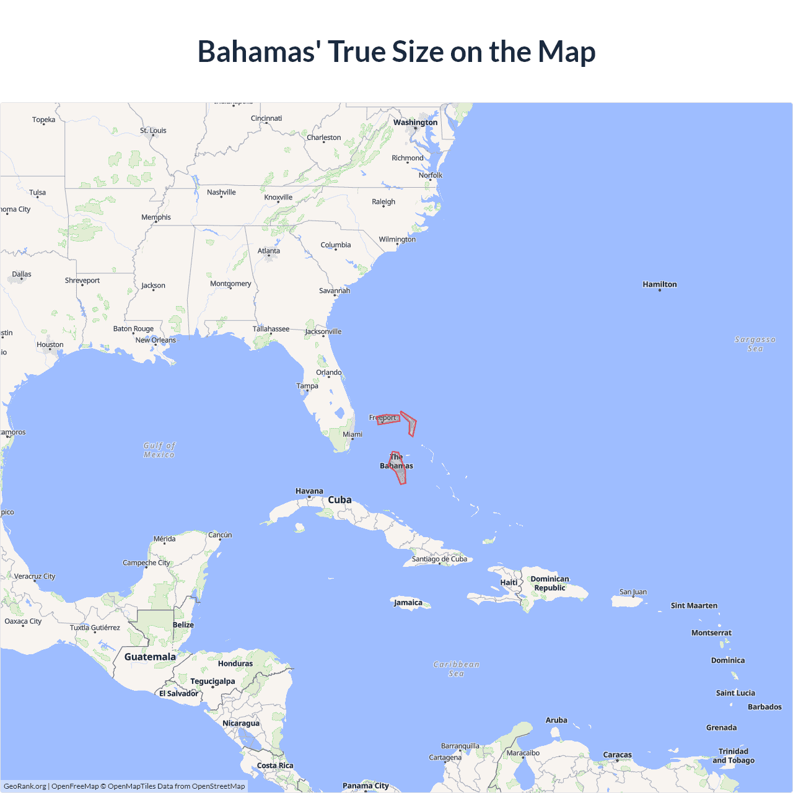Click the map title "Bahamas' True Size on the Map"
[396, 51]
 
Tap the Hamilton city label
[660, 284]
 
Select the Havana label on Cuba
[309, 491]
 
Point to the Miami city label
[353, 434]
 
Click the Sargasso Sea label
[755, 344]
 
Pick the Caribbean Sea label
[456, 668]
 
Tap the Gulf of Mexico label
[159, 450]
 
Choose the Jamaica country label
[408, 602]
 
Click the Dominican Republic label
[550, 583]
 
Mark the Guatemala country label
[150, 657]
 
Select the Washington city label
[415, 122]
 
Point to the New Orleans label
[156, 340]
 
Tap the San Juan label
[633, 592]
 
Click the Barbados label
[765, 707]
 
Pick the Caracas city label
[617, 755]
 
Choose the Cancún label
[220, 535]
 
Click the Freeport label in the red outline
[383, 418]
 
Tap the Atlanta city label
[269, 251]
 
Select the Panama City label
[366, 786]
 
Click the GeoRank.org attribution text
[25, 786]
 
